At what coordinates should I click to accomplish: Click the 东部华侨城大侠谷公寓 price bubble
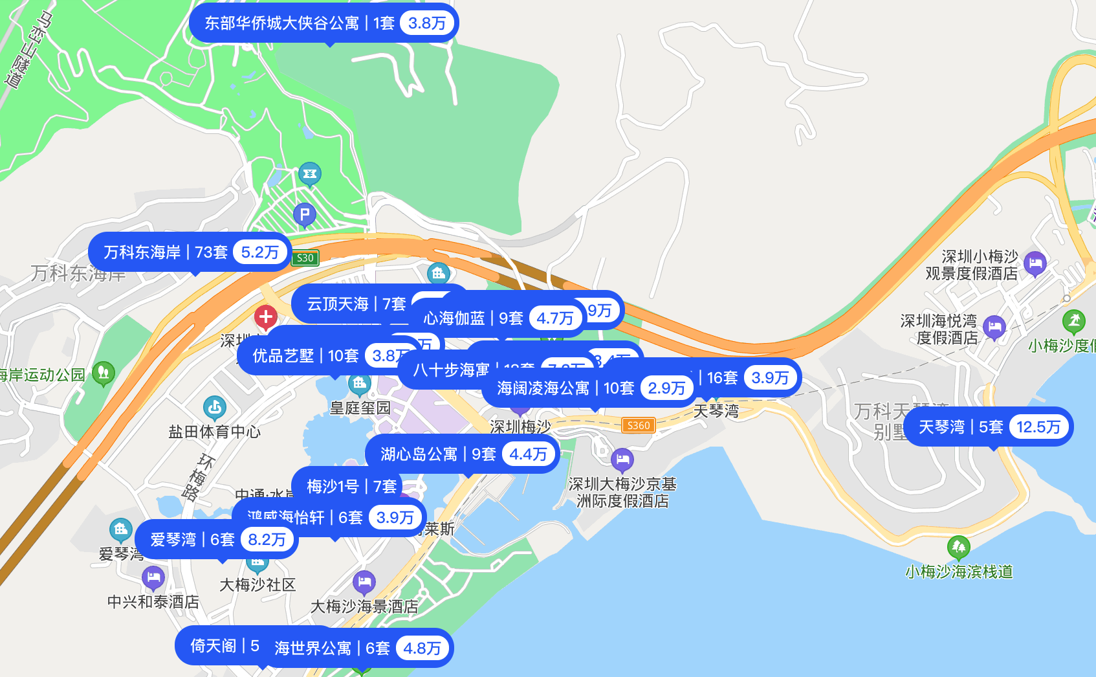pyautogui.click(x=324, y=23)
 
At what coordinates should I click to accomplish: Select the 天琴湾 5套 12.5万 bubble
pyautogui.click(x=988, y=427)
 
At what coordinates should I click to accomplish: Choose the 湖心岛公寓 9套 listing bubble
pyautogui.click(x=462, y=454)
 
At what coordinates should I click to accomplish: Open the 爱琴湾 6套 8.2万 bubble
pyautogui.click(x=217, y=540)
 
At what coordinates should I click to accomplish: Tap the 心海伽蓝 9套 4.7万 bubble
pyautogui.click(x=498, y=318)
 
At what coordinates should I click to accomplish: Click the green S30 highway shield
pyautogui.click(x=305, y=258)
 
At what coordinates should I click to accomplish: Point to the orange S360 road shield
pyautogui.click(x=638, y=425)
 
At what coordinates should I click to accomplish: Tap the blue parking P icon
pyautogui.click(x=305, y=214)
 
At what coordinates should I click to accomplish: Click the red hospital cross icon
pyautogui.click(x=265, y=317)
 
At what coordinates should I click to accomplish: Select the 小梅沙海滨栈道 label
pyautogui.click(x=959, y=572)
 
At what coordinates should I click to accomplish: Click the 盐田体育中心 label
pyautogui.click(x=214, y=432)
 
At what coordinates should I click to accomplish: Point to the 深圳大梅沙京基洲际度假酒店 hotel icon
pyautogui.click(x=622, y=460)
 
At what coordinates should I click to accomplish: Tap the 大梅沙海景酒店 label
pyautogui.click(x=364, y=606)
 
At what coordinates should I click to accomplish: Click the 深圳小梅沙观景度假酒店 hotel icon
pyautogui.click(x=1035, y=263)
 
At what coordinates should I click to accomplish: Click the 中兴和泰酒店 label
pyautogui.click(x=153, y=602)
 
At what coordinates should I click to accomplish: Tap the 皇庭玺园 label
pyautogui.click(x=360, y=408)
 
